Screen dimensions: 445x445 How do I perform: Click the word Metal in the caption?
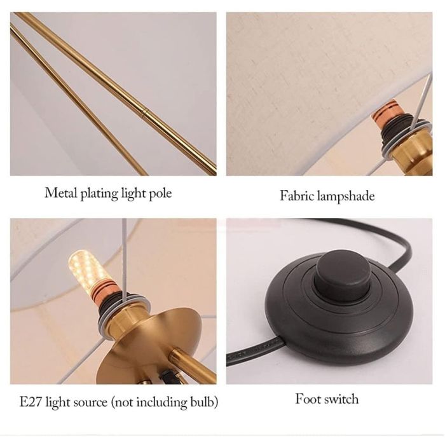coord(61,193)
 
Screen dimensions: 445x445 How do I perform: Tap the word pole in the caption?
coord(160,194)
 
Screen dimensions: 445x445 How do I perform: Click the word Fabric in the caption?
coord(297,196)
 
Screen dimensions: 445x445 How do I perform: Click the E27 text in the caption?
coord(31,402)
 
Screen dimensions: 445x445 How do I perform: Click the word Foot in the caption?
coord(306,399)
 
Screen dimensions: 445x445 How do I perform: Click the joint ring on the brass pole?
coord(145,111)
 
